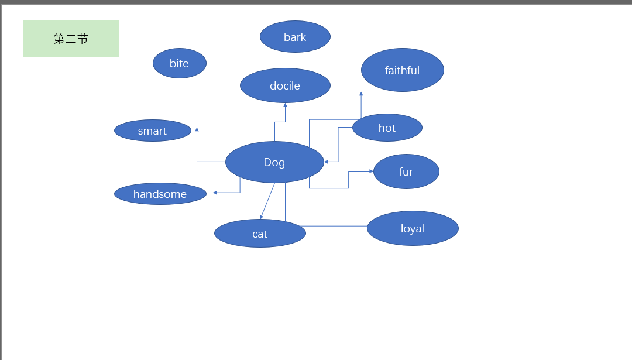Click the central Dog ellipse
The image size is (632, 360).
274,162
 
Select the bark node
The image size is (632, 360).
295,37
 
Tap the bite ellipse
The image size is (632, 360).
179,63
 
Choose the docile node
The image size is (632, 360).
285,85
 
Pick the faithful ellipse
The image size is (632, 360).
402,70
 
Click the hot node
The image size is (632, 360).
387,128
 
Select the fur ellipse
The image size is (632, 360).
406,172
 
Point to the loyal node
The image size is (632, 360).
413,228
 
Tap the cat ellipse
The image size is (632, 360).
260,234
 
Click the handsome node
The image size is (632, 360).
160,194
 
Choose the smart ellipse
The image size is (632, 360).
152,131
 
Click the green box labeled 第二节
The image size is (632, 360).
71,39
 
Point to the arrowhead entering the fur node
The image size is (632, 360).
371,172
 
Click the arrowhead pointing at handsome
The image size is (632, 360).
215,193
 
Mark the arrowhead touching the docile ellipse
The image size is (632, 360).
286,105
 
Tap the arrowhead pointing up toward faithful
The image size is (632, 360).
361,94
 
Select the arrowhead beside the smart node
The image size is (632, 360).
197,129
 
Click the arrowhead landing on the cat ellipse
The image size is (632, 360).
262,217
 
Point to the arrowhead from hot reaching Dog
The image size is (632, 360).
327,162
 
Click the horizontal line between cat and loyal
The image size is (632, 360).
334,226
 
